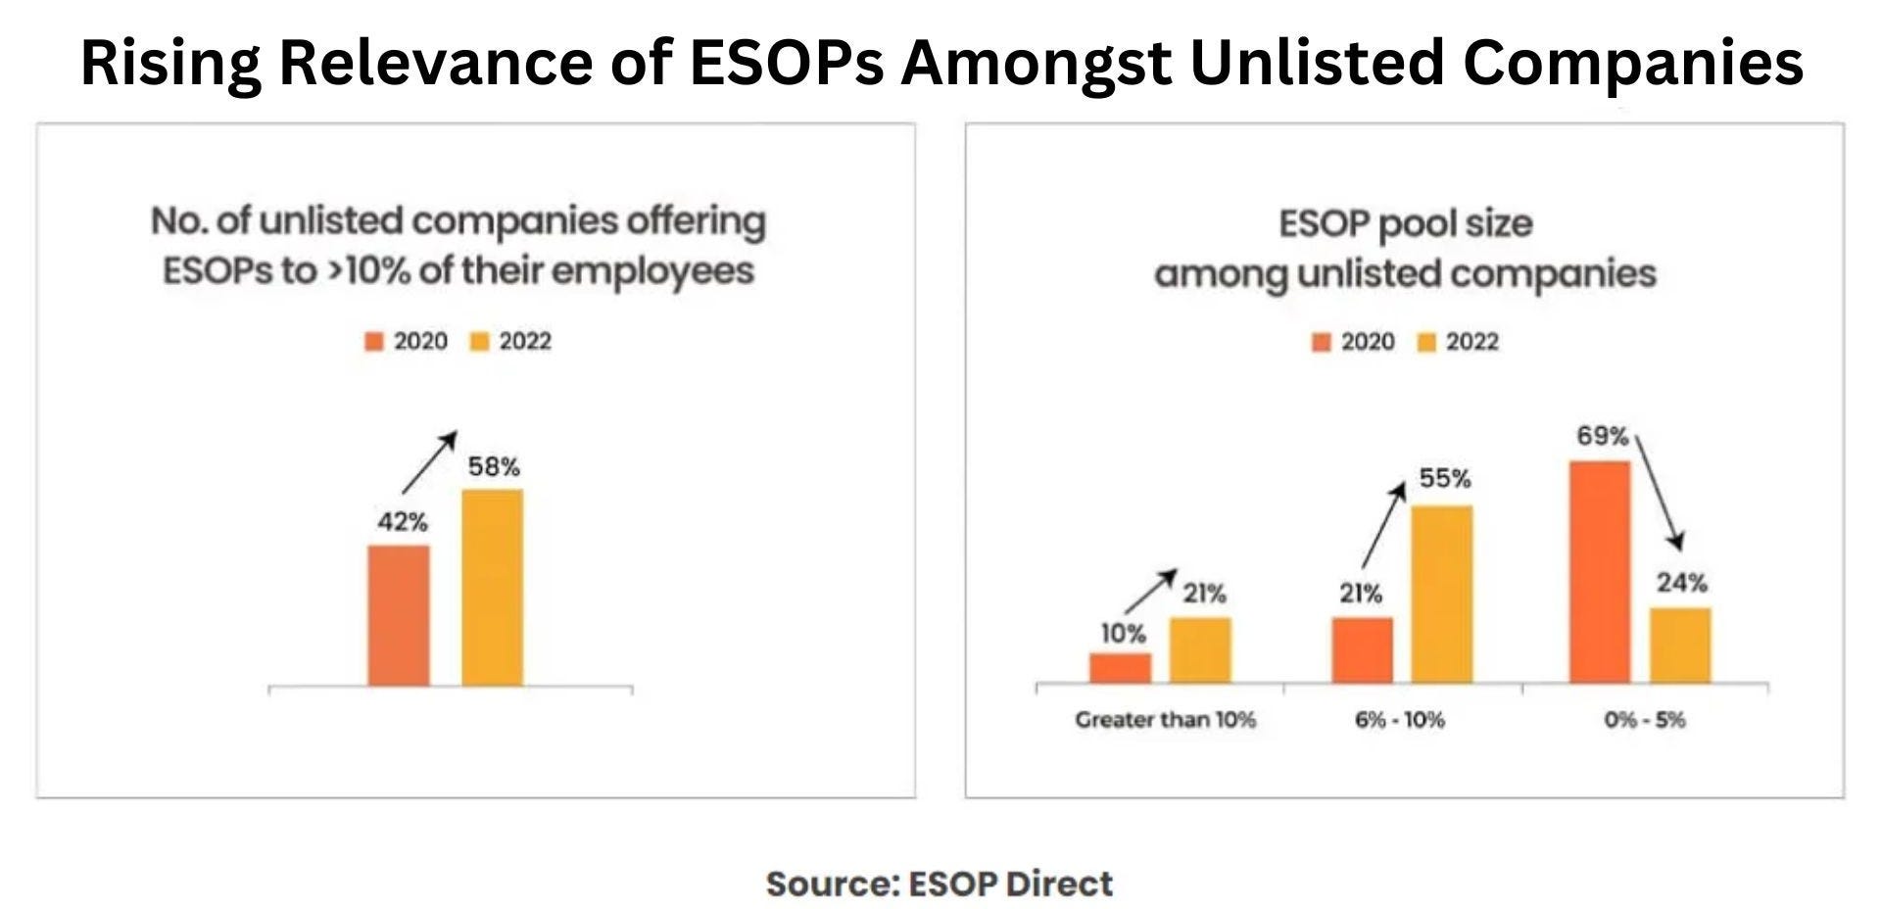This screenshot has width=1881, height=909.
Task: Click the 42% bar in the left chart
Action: [399, 615]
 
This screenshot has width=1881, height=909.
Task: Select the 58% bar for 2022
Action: [492, 588]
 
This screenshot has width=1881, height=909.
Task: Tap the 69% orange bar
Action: [1600, 572]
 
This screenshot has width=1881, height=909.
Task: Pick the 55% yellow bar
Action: [1441, 595]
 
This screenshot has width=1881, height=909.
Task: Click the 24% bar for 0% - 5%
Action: [1680, 646]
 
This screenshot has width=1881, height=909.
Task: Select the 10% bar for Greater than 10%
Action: [1121, 668]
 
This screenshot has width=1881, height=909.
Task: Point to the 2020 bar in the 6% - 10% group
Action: [1362, 650]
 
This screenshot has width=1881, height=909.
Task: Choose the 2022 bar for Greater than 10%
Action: [1200, 650]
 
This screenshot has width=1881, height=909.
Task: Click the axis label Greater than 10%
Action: [1165, 720]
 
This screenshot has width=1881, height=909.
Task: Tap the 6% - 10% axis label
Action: [1399, 720]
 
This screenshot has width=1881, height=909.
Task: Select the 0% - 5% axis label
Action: [1644, 720]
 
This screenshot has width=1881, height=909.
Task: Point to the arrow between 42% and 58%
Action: [429, 461]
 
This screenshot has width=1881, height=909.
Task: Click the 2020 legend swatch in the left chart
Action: [374, 342]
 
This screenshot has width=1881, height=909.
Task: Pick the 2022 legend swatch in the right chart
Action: [1426, 342]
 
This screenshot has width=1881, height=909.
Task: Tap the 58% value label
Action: [494, 467]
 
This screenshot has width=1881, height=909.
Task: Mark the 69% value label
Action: [1602, 436]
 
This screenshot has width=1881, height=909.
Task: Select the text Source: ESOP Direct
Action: [939, 884]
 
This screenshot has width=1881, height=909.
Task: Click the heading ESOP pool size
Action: [1405, 223]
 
